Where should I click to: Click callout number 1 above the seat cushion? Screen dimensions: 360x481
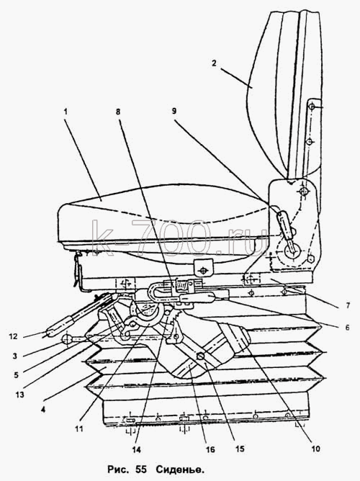pyautogui.click(x=66, y=112)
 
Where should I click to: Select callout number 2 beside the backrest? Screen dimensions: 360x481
pyautogui.click(x=214, y=63)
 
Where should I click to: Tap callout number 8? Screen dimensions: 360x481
pyautogui.click(x=118, y=112)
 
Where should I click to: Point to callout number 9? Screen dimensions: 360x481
pyautogui.click(x=174, y=111)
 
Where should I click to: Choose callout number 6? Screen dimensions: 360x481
pyautogui.click(x=347, y=328)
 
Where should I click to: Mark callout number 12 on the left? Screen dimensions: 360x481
pyautogui.click(x=14, y=336)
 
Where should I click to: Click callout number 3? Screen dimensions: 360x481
pyautogui.click(x=14, y=356)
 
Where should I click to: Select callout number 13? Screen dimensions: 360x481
pyautogui.click(x=19, y=395)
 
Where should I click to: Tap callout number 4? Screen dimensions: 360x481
pyautogui.click(x=43, y=409)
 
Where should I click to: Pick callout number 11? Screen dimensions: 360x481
pyautogui.click(x=78, y=429)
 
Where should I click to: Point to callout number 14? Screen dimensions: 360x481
pyautogui.click(x=137, y=450)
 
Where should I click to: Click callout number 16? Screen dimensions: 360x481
pyautogui.click(x=210, y=450)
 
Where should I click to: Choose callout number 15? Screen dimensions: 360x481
pyautogui.click(x=240, y=449)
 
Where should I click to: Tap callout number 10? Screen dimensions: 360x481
pyautogui.click(x=315, y=449)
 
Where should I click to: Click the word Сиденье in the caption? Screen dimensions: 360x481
pyautogui.click(x=180, y=469)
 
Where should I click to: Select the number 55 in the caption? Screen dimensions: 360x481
pyautogui.click(x=140, y=469)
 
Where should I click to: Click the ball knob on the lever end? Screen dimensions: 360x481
pyautogui.click(x=67, y=339)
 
